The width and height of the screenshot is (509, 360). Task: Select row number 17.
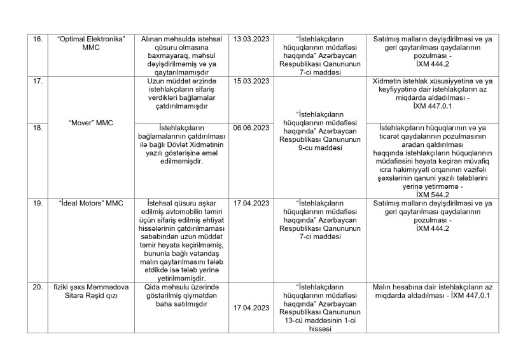click(38, 81)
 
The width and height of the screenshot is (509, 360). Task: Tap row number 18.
click(38, 127)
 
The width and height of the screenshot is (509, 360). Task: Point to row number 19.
click(38, 204)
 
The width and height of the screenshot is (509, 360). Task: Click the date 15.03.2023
click(252, 81)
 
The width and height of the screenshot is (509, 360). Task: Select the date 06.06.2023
click(252, 127)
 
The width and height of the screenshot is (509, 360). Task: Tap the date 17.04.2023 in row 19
click(252, 204)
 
